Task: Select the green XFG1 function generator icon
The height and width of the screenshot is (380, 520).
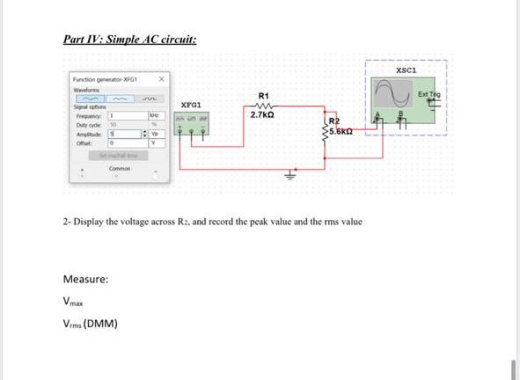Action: [193, 129]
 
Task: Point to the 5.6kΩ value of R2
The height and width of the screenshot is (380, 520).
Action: [344, 132]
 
